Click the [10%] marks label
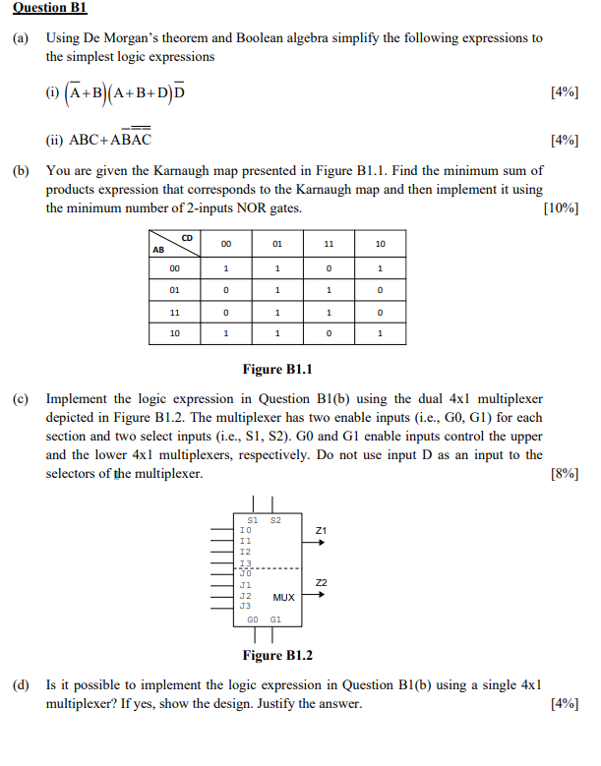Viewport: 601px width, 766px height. point(560,208)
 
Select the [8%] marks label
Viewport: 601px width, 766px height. point(564,474)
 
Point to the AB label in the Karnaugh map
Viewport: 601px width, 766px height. point(157,250)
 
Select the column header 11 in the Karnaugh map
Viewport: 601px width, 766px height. point(330,243)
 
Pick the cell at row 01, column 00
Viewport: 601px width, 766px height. point(226,290)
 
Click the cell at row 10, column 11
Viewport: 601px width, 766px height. point(330,334)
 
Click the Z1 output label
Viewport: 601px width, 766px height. point(321,531)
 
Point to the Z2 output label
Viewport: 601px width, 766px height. point(321,584)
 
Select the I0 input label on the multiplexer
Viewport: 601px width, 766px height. point(246,530)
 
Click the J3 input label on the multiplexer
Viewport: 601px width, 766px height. point(246,606)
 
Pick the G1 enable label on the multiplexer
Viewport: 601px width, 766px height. point(275,620)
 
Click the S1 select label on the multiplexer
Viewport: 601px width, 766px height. point(253,518)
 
